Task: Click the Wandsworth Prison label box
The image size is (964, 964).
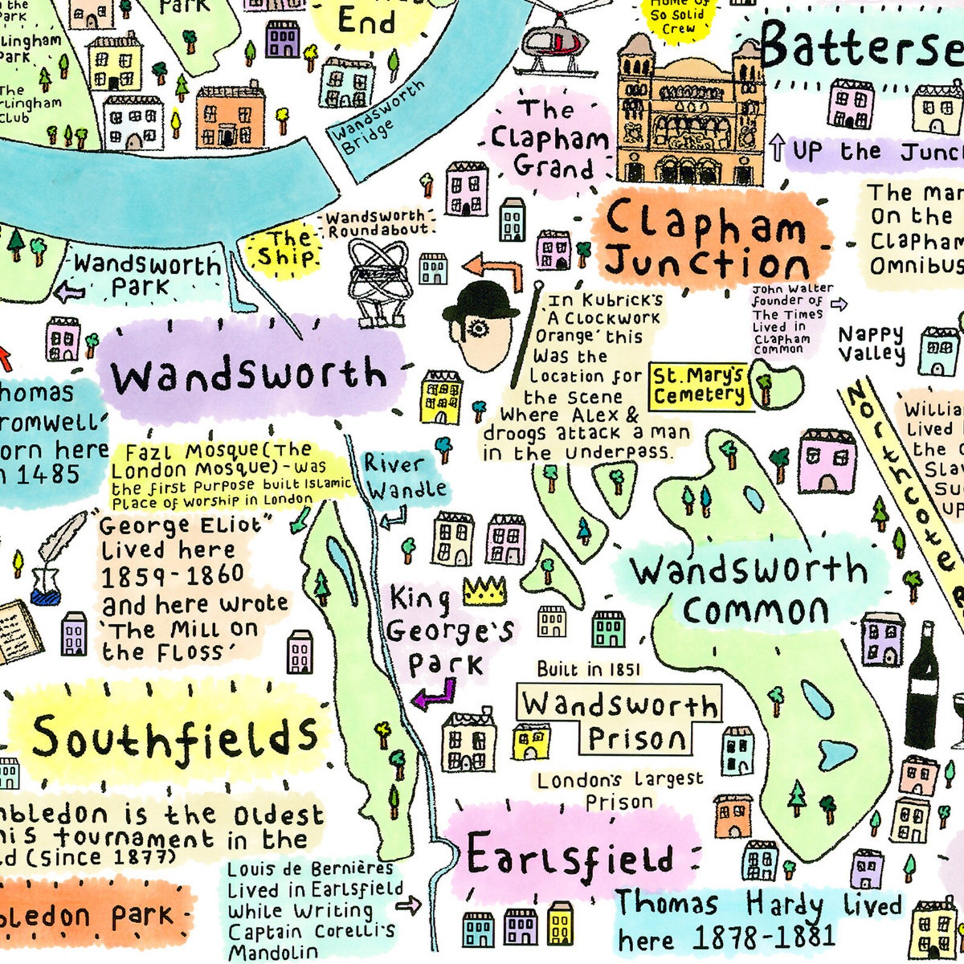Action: [619, 719]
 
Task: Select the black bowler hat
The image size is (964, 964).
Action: [481, 304]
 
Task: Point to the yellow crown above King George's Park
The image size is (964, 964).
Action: [484, 590]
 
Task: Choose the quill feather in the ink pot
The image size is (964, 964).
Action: [61, 540]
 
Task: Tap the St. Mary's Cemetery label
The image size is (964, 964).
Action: [699, 386]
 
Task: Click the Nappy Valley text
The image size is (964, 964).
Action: [871, 344]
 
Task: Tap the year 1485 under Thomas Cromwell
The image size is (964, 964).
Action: [42, 475]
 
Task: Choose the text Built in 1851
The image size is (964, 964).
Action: [588, 669]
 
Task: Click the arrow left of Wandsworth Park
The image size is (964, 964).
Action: [71, 293]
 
